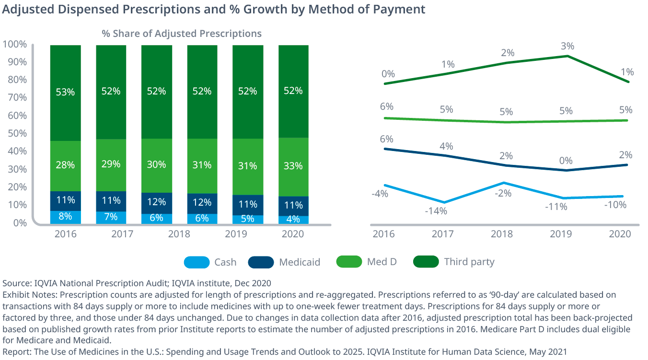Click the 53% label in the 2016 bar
(65, 92)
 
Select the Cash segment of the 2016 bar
(65, 217)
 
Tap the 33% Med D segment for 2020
(293, 166)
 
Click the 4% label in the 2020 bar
(293, 219)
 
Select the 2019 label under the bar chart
(247, 234)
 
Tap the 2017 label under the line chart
(442, 234)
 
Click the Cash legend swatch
(197, 262)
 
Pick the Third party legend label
(469, 262)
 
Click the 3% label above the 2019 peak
(567, 46)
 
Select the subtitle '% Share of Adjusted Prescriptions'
(182, 34)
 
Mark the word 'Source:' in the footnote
(17, 283)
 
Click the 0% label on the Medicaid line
(566, 161)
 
